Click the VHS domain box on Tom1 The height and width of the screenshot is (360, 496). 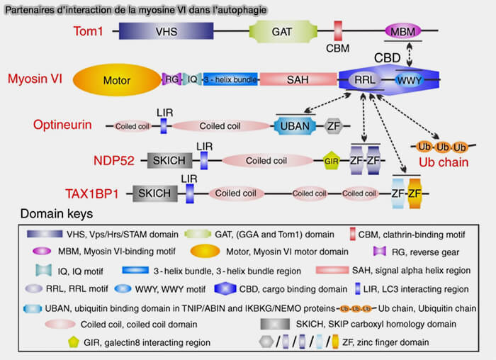167,32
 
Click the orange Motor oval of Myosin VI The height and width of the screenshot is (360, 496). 117,79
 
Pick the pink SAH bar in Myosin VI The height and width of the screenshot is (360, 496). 297,79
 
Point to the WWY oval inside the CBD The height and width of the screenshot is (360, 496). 409,79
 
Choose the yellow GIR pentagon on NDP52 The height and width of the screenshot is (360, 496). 329,160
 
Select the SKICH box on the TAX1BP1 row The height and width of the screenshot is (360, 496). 154,193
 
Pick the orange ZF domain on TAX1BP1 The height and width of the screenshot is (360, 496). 415,193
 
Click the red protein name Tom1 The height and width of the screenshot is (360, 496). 91,32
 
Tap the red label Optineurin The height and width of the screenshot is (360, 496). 62,125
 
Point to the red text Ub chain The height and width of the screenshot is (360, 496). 444,162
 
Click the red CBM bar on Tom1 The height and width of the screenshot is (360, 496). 338,30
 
